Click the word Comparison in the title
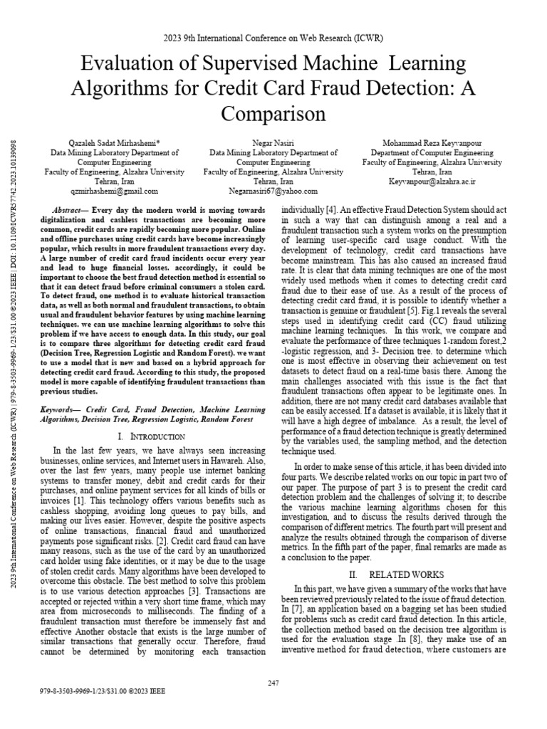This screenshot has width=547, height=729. pyautogui.click(x=273, y=114)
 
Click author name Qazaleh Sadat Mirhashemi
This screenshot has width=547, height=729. pyautogui.click(x=114, y=142)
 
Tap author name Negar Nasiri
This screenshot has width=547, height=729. pyautogui.click(x=273, y=142)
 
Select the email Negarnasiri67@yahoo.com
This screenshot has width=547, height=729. pyautogui.click(x=273, y=192)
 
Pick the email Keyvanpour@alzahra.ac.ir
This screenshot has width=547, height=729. pyautogui.click(x=432, y=182)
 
